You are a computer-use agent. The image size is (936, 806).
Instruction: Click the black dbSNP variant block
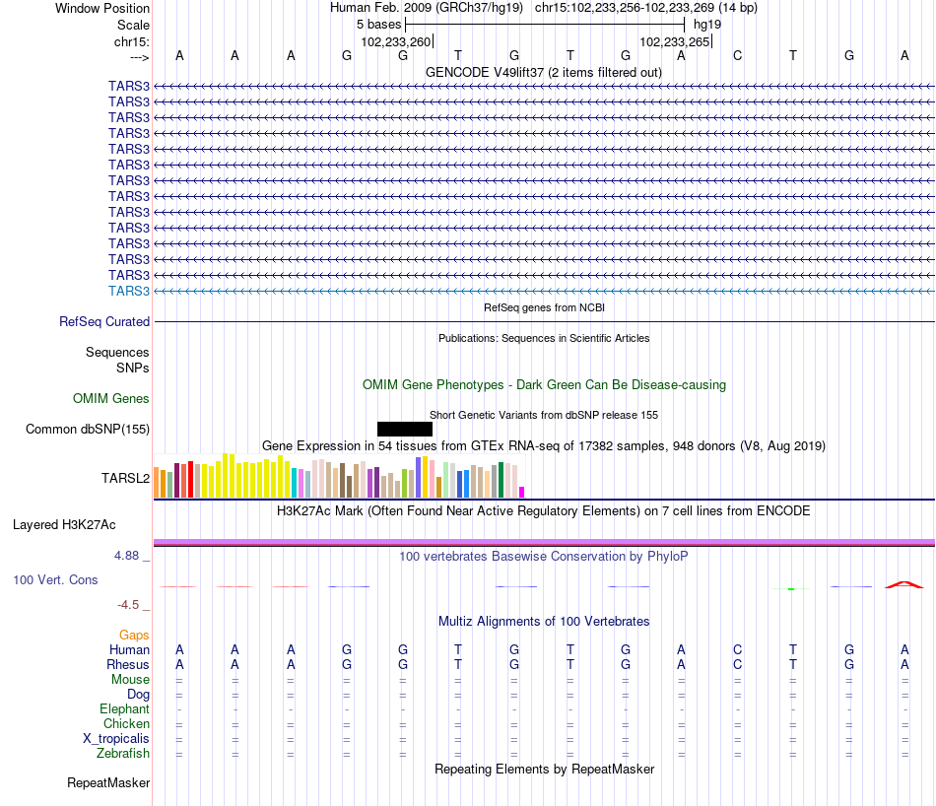[x=405, y=429]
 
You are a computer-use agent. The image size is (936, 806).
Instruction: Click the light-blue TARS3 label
[x=129, y=291]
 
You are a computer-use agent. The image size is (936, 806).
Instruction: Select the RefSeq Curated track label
[x=104, y=321]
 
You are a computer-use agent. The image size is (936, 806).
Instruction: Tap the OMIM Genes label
[x=111, y=398]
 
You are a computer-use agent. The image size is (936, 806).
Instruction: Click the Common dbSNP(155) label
[x=88, y=430]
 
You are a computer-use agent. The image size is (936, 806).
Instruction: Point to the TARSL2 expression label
[x=125, y=478]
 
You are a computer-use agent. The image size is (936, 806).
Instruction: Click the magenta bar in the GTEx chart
[x=522, y=492]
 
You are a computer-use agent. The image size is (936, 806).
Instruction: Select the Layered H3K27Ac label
[x=64, y=525]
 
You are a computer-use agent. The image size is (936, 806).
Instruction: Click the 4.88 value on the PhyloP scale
[x=126, y=556]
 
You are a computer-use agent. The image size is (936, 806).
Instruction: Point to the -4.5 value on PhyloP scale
[x=128, y=605]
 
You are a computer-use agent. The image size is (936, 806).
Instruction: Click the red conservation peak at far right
[x=904, y=584]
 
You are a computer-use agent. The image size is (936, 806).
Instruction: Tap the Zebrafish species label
[x=123, y=754]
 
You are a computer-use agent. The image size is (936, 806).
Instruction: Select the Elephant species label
[x=125, y=708]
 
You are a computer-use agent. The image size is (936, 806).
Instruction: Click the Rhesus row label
[x=128, y=664]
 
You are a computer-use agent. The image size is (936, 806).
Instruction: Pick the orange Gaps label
[x=134, y=635]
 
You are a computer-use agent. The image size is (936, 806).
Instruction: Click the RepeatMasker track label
[x=108, y=782]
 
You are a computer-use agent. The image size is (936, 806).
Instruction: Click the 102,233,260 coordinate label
[x=395, y=41]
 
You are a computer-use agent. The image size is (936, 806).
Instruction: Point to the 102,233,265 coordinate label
[x=675, y=41]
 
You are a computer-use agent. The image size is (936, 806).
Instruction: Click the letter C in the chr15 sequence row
[x=737, y=55]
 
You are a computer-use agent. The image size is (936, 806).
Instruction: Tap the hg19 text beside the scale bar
[x=707, y=25]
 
